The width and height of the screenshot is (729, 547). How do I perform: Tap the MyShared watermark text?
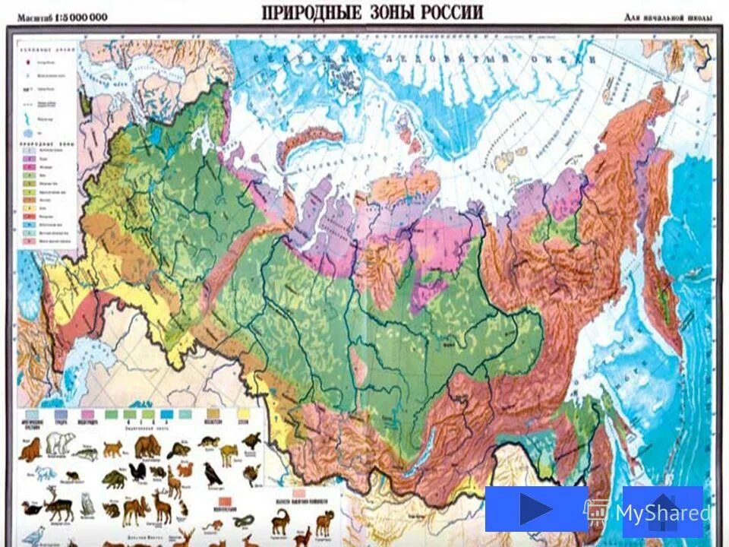[663, 513]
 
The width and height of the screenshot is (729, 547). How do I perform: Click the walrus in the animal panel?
[30, 453]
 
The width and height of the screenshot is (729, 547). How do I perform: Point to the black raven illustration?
[213, 476]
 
